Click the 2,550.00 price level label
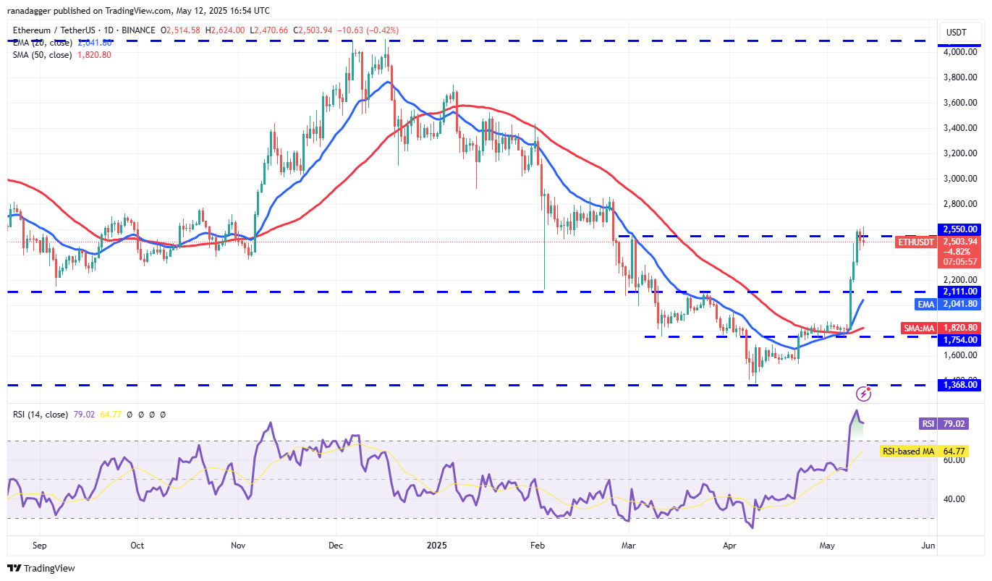coord(959,229)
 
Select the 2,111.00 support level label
coord(959,292)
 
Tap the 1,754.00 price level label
coord(959,337)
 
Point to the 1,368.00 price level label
coord(959,385)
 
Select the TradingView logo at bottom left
coord(41,569)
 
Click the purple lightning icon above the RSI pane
coord(863,394)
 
